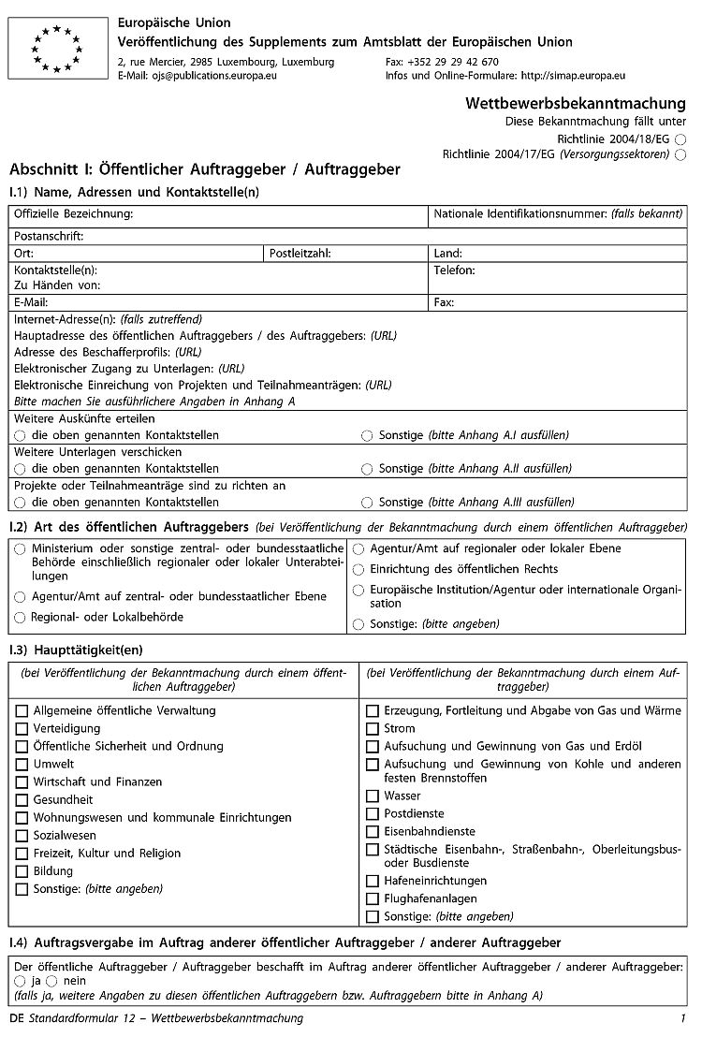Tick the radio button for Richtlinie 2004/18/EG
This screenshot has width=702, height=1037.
[680, 139]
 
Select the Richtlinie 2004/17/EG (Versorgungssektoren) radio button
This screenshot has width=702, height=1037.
[680, 154]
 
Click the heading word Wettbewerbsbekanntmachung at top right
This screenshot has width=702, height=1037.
[575, 103]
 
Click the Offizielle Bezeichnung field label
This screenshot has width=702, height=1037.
[73, 214]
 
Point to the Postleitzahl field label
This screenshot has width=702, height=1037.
[300, 253]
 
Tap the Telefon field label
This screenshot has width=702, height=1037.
[455, 270]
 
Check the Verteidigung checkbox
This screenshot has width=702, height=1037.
[22, 729]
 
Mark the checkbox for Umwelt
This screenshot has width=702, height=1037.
[22, 765]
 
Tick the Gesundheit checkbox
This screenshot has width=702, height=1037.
[22, 800]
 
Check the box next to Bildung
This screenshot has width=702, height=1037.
[22, 871]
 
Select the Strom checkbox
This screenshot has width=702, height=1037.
[373, 729]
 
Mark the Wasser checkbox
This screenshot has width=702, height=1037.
[373, 796]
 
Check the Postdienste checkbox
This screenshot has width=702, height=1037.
[373, 814]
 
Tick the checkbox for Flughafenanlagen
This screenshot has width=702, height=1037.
[373, 899]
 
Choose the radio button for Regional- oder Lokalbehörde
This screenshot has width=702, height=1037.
[20, 618]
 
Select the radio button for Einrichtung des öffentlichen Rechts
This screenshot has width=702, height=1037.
[358, 569]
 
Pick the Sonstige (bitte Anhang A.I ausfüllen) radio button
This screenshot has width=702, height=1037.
[367, 436]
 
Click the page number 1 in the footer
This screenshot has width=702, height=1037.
[684, 1018]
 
